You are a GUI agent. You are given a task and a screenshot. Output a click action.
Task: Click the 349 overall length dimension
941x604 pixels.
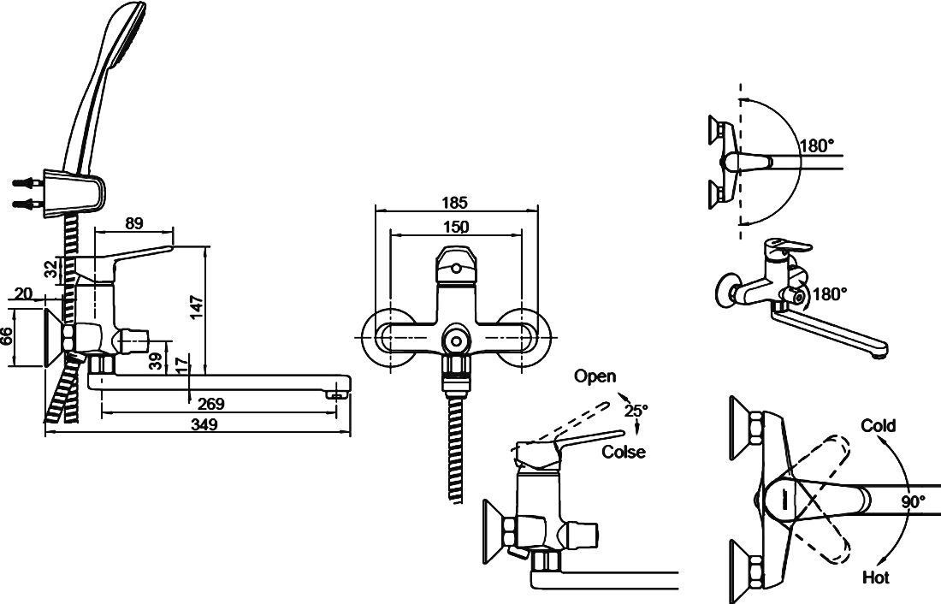click(204, 424)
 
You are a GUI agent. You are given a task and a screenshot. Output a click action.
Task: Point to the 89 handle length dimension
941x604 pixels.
click(133, 223)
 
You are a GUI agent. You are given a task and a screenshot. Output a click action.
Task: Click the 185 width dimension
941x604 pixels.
click(456, 204)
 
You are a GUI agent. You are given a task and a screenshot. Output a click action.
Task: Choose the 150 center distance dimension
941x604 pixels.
click(456, 226)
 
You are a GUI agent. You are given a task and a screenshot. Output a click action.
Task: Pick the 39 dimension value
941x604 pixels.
click(155, 362)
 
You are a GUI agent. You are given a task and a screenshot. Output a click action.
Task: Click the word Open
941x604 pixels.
click(595, 376)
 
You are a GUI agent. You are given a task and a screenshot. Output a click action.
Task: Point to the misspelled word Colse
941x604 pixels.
click(624, 452)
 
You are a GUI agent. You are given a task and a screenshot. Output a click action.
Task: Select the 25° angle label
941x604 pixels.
click(636, 410)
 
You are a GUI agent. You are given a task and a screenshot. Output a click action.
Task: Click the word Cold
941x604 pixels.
click(879, 426)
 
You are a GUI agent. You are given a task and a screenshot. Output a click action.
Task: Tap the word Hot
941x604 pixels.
click(876, 577)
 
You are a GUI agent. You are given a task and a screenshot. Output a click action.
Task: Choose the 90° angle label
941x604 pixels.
click(913, 502)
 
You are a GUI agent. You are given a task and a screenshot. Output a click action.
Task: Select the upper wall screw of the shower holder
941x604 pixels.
click(26, 182)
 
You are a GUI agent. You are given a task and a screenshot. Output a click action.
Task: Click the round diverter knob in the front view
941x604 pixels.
click(456, 340)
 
